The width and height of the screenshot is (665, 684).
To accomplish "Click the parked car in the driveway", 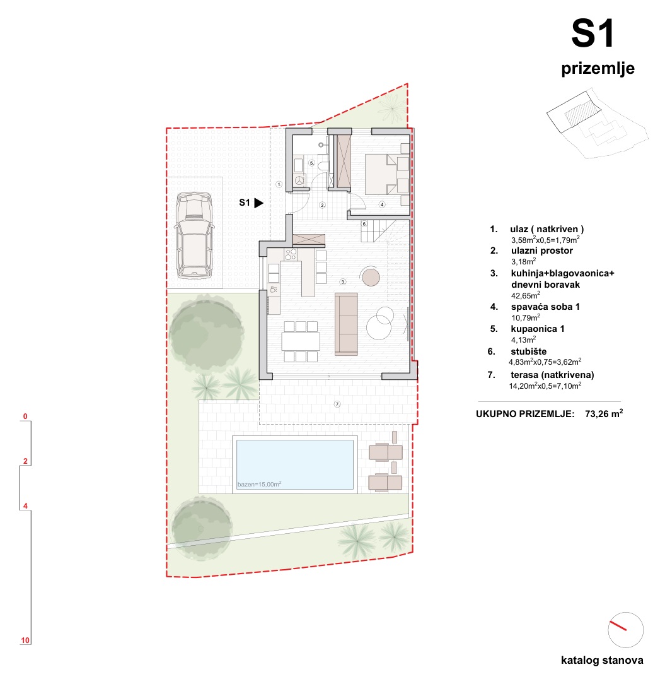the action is [194, 235].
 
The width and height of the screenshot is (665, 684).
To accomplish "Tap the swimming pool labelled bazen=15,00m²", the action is [295, 464].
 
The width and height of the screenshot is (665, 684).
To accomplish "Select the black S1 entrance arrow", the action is [259, 203].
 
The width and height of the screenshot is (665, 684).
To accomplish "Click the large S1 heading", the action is [593, 33].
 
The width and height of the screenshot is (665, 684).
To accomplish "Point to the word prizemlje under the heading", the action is [598, 69].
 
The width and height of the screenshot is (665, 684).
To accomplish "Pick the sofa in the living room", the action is [346, 324].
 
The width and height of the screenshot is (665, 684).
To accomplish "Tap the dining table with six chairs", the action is [301, 341].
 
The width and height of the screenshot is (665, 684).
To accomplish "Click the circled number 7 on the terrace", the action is [337, 404].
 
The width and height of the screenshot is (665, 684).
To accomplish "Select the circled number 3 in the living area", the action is [343, 282].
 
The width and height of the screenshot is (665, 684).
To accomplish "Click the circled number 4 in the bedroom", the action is [382, 204].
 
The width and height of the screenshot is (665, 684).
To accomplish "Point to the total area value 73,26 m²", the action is [604, 413].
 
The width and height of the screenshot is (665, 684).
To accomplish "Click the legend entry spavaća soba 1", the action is [545, 307].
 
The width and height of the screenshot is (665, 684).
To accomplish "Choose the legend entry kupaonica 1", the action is [537, 329].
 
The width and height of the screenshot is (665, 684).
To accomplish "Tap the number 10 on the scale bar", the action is [25, 640].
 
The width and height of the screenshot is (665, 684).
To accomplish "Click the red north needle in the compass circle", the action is [618, 625].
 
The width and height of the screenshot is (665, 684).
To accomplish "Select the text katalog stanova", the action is [602, 661].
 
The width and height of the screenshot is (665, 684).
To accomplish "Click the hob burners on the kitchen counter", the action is [291, 254].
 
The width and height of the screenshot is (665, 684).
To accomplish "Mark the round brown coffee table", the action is [371, 277].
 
